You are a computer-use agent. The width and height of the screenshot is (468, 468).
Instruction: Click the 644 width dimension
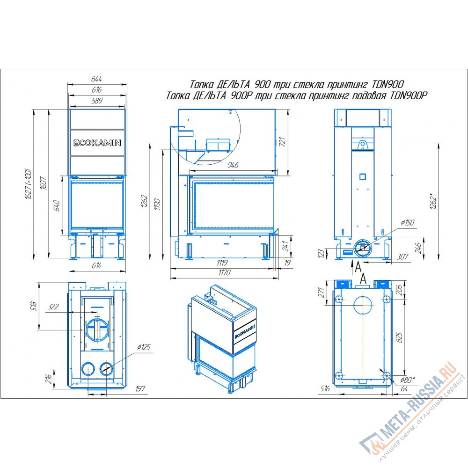(96, 79)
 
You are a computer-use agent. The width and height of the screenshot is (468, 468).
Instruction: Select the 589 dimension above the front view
(97, 101)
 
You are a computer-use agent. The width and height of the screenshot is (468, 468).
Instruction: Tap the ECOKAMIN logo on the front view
(97, 143)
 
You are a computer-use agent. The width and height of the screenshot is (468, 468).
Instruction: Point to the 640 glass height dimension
(57, 205)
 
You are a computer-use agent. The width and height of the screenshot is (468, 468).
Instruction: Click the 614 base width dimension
(96, 265)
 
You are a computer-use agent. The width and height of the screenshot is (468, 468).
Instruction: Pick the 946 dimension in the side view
(233, 165)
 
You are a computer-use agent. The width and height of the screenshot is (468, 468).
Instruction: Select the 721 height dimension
(282, 141)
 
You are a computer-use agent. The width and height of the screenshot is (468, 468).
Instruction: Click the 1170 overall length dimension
(224, 272)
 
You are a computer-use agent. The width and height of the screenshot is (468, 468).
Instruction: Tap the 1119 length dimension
(222, 263)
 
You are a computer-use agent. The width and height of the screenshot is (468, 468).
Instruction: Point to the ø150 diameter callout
(408, 223)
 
